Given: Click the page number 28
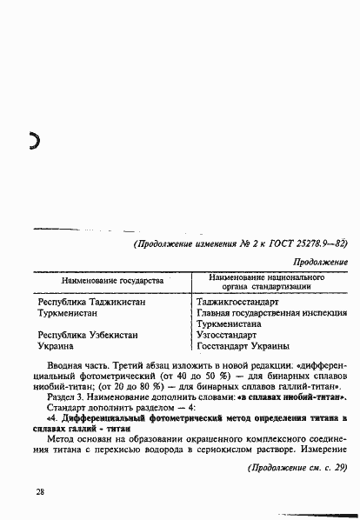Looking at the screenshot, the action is (x=40, y=492).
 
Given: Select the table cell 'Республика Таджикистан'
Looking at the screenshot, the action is (x=93, y=302).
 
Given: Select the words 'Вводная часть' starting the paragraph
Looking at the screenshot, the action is (x=80, y=368).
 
